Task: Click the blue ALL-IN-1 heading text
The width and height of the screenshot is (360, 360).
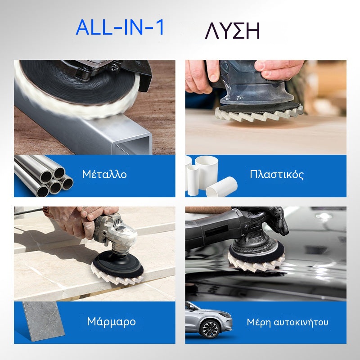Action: click(120, 27)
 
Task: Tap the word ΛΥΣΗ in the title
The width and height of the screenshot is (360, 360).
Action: click(232, 31)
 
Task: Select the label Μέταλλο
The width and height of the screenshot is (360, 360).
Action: click(104, 174)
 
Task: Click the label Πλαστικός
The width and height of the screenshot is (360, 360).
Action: click(277, 174)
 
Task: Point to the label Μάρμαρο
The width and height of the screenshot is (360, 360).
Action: click(111, 321)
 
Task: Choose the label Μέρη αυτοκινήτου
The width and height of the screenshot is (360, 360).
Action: click(288, 322)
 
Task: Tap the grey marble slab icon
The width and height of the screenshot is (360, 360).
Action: click(44, 321)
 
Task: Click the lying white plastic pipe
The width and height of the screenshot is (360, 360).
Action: click(221, 187)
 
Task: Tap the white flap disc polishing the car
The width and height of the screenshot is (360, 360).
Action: click(256, 265)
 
